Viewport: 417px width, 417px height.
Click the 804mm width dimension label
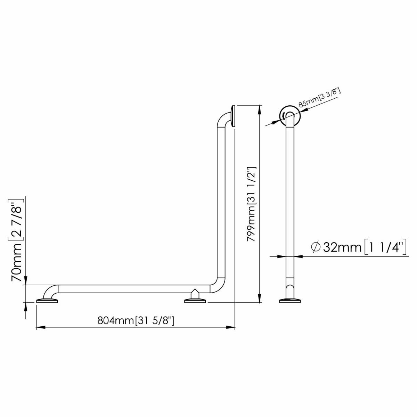click(136, 321)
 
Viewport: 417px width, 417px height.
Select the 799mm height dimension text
click(252, 202)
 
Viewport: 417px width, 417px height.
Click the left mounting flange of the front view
click(47, 300)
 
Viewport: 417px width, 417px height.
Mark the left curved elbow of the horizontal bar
click(51, 291)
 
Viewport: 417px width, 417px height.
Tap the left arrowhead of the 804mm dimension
click(40, 327)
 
